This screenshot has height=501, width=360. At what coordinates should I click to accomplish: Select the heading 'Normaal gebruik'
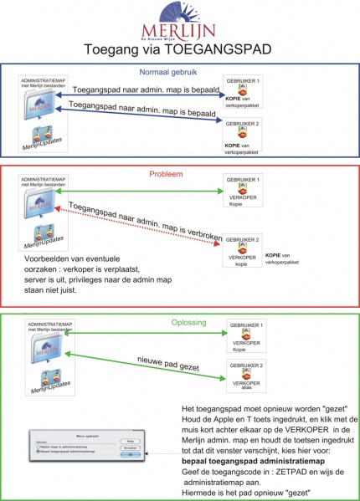tap(180, 70)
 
